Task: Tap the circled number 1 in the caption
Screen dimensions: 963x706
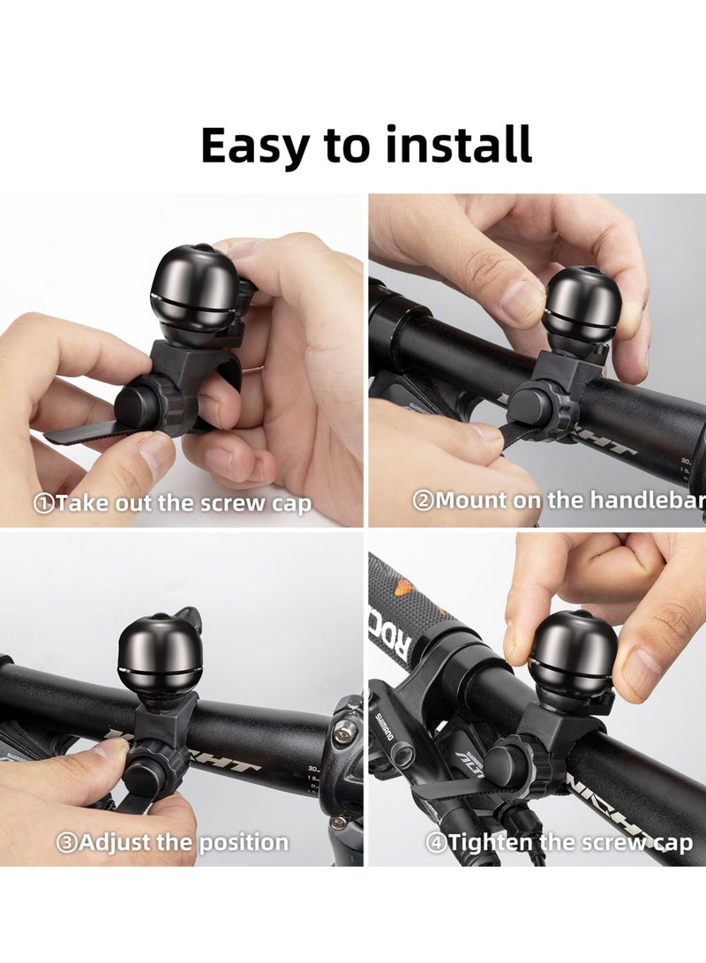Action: (x=44, y=504)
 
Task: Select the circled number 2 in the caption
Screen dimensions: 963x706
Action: (x=424, y=500)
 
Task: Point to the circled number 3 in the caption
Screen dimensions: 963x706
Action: (x=67, y=842)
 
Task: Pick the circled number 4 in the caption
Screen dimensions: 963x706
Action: (x=437, y=842)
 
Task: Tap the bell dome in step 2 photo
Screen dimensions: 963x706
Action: (x=582, y=304)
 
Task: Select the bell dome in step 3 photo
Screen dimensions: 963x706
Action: (x=160, y=653)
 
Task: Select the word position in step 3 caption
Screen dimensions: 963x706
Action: (x=243, y=842)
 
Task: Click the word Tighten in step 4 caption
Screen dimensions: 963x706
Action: (x=492, y=842)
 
